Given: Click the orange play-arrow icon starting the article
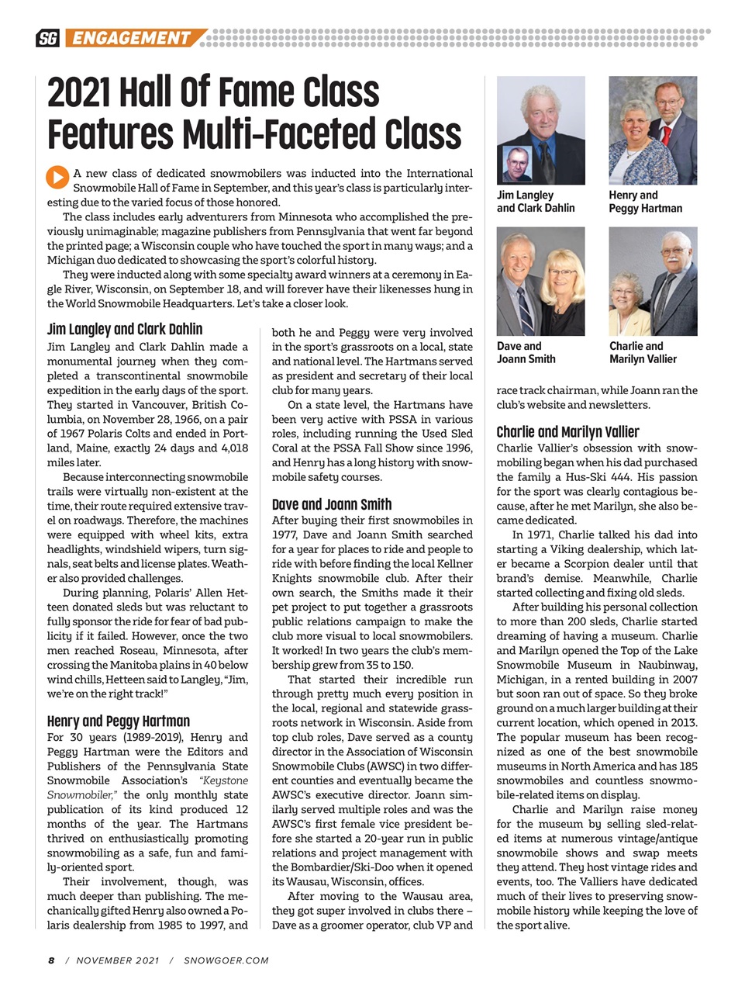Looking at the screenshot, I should (57, 177).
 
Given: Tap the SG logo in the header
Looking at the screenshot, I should (48, 38).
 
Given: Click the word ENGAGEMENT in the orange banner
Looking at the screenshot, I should (132, 38).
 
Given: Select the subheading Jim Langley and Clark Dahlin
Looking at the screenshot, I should (124, 329).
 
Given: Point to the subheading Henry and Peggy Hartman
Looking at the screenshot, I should (118, 721).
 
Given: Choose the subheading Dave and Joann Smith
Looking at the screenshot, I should (332, 504).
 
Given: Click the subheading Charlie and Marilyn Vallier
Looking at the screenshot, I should (567, 432).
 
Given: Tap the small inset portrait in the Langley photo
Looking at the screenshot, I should (517, 164).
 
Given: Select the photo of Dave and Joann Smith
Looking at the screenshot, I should (540, 281).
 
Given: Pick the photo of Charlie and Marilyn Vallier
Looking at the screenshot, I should (653, 281).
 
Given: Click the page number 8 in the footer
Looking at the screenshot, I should (51, 960).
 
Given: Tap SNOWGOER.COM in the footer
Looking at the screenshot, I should (226, 960).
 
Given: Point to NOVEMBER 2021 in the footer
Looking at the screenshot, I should (118, 960).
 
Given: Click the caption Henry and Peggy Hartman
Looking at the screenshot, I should (645, 202).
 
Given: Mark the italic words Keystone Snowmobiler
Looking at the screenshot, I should (147, 787).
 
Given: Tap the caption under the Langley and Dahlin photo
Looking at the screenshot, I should (536, 202).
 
